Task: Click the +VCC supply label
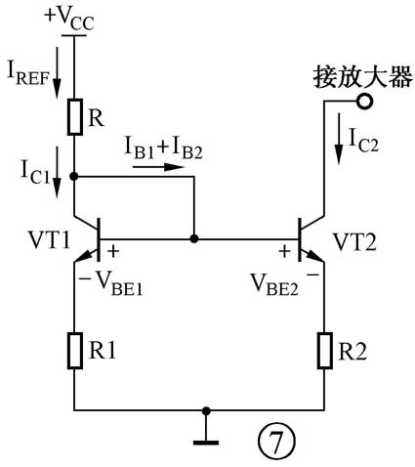[x=72, y=18]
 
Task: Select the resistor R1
[x=73, y=350]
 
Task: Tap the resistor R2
[x=324, y=350]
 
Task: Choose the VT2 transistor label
[x=353, y=238]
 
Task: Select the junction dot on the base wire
[x=194, y=237]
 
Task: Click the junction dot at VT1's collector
[x=74, y=177]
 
